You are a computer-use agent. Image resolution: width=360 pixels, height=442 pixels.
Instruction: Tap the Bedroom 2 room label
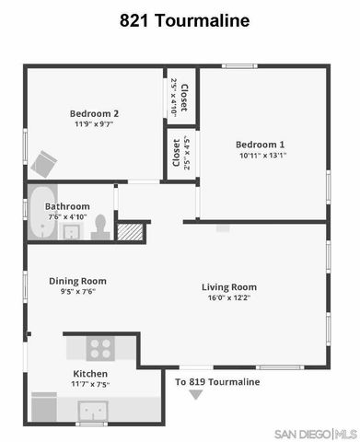tap(96, 113)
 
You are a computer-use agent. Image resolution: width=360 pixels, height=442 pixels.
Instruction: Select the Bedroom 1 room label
tap(260, 145)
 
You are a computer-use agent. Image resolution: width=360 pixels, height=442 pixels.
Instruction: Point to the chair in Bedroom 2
tap(42, 164)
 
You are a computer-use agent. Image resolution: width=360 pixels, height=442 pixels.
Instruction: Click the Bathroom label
tap(68, 206)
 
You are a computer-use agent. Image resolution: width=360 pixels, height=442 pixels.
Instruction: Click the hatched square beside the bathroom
tap(132, 231)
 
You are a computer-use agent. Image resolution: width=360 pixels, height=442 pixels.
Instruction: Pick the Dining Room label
tap(77, 281)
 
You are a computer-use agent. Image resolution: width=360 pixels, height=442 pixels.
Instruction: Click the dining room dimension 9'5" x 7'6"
tap(77, 292)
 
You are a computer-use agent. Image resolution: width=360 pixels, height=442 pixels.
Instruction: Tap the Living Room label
tap(228, 287)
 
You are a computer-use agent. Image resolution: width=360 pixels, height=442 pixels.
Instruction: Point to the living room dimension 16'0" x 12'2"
tap(228, 298)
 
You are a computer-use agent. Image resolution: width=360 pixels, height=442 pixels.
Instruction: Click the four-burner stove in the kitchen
tap(99, 348)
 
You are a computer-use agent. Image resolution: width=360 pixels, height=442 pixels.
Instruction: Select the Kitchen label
tap(90, 374)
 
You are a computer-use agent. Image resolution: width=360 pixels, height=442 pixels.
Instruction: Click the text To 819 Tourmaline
tap(217, 381)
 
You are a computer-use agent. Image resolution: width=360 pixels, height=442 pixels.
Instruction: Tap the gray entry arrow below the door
tap(195, 395)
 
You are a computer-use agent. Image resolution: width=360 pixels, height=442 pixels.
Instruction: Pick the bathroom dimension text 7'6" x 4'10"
tap(68, 217)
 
